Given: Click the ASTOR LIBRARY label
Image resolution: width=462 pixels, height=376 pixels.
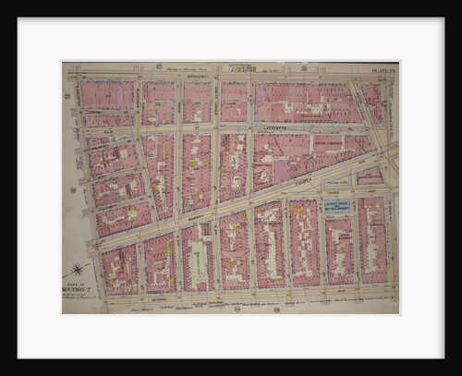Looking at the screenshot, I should [327, 141].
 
